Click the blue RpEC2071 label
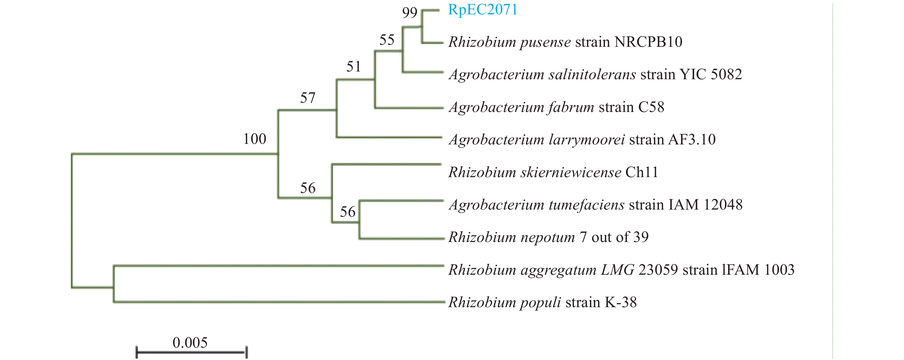[x=482, y=9]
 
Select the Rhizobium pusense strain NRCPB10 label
[x=565, y=42]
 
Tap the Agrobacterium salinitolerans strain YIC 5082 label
[x=595, y=74]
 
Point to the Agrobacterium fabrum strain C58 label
[x=556, y=107]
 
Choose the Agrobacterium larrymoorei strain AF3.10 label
[x=582, y=140]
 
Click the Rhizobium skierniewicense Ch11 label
[x=553, y=172]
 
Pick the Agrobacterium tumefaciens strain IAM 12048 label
[x=595, y=204]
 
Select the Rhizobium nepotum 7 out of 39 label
[x=548, y=237]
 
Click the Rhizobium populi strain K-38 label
[x=542, y=302]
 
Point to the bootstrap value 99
[x=410, y=13]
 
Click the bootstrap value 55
[x=387, y=40]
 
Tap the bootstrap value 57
[x=307, y=98]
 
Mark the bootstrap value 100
[x=255, y=139]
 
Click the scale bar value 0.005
[x=190, y=342]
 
